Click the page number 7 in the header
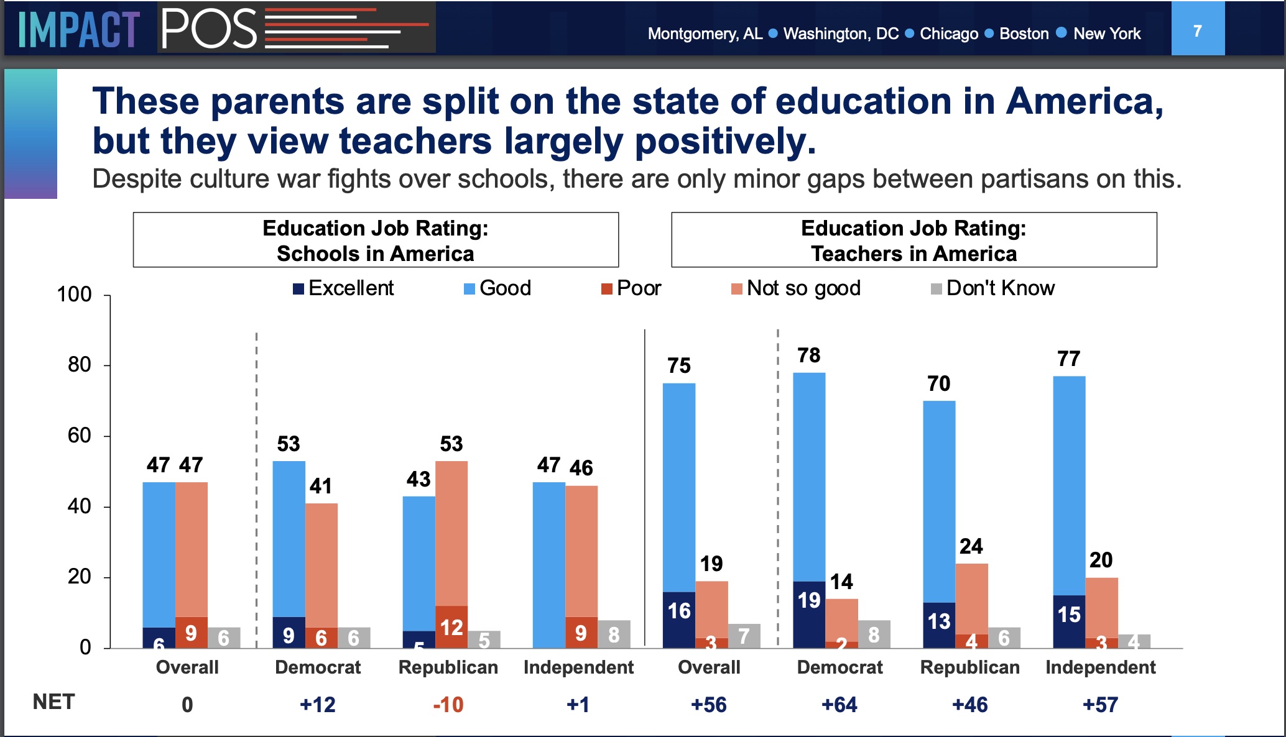coord(1197,30)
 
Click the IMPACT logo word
coord(78,29)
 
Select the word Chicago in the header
coord(948,34)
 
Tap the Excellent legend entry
coord(343,288)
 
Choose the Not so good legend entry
coord(796,288)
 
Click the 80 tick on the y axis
coord(80,365)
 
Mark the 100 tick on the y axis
coord(74,294)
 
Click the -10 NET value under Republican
coord(448,705)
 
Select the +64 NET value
coord(839,705)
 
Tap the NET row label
coord(53,702)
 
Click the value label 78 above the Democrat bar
coord(808,355)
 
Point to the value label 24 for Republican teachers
coord(971,546)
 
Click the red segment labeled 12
coord(451,626)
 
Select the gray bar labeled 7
coord(744,636)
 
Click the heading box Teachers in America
coord(914,240)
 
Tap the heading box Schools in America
coord(376,240)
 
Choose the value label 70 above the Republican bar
coord(938,384)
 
